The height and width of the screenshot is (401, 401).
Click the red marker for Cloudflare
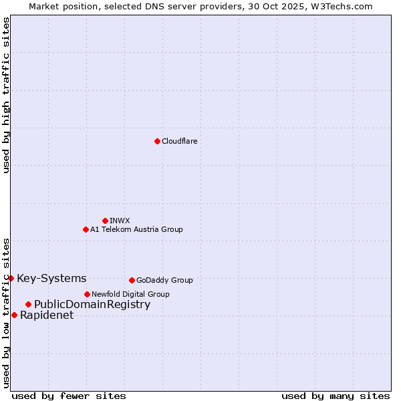pyautogui.click(x=157, y=141)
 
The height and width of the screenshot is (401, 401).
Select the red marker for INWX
pyautogui.click(x=105, y=221)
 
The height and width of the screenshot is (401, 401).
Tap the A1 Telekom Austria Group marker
pyautogui.click(x=86, y=229)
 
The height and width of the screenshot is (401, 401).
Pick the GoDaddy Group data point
pyautogui.click(x=132, y=280)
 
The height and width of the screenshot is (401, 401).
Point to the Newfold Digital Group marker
pyautogui.click(x=87, y=294)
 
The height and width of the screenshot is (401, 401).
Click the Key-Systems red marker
pyautogui.click(x=11, y=278)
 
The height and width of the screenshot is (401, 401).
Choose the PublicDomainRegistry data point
pyautogui.click(x=28, y=305)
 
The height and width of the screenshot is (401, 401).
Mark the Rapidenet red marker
pyautogui.click(x=14, y=315)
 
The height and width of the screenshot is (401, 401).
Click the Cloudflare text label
pyautogui.click(x=179, y=141)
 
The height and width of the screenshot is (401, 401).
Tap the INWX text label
pyautogui.click(x=120, y=221)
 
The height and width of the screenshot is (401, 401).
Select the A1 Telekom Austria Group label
pyautogui.click(x=136, y=229)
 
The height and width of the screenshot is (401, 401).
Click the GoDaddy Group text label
pyautogui.click(x=164, y=280)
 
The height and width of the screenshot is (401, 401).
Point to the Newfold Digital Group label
pyautogui.click(x=130, y=294)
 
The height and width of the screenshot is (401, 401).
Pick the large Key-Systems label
pyautogui.click(x=51, y=278)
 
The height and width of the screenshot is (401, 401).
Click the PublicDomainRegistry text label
pyautogui.click(x=92, y=305)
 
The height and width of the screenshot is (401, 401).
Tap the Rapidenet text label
pyautogui.click(x=47, y=315)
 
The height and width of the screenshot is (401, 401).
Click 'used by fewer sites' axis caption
pyautogui.click(x=69, y=396)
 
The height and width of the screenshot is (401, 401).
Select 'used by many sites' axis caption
pyautogui.click(x=336, y=396)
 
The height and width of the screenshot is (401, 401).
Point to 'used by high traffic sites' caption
pyautogui.click(x=6, y=95)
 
